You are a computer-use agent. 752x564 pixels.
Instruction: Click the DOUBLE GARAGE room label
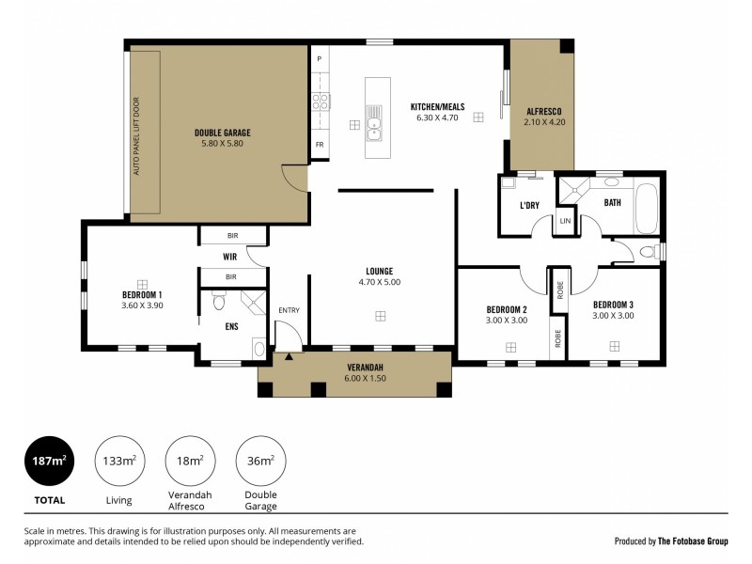(x=222, y=133)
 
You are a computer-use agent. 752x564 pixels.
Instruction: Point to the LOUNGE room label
(x=381, y=271)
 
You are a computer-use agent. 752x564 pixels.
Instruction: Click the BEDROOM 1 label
(x=142, y=294)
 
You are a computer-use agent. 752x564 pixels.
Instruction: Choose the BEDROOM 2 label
(x=506, y=309)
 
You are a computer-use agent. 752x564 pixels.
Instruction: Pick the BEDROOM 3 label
(x=613, y=304)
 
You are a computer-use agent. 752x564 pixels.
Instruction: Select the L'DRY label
(x=527, y=205)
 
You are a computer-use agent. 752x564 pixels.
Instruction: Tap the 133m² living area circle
(x=118, y=461)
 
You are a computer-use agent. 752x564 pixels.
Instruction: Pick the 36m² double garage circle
(x=260, y=461)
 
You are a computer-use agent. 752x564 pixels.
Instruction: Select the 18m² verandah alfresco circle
(x=190, y=461)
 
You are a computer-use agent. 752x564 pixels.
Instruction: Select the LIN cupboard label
(x=565, y=221)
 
